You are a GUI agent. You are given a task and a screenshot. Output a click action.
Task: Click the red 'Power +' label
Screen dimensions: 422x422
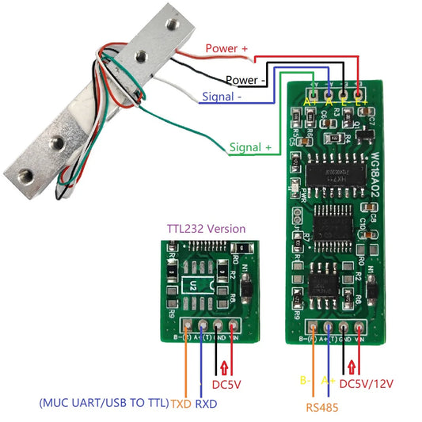coord(226,48)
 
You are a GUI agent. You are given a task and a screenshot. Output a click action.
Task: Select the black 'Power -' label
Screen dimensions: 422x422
coord(246,80)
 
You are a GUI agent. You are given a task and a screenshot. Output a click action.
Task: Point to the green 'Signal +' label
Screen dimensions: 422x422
coord(250,147)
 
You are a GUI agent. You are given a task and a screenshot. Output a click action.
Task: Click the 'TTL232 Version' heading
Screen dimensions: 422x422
coord(206,228)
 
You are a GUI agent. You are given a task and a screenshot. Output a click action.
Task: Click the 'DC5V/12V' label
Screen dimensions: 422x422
coord(367,384)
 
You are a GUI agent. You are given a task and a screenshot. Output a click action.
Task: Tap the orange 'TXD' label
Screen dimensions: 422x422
coord(181,403)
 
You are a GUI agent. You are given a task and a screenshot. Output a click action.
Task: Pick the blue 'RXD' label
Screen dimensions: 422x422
coord(207,403)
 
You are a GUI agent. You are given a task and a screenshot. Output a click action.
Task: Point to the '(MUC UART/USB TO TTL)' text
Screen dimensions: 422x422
coord(104,403)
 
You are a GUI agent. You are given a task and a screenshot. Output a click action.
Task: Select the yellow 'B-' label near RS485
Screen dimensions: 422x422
coord(304,380)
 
